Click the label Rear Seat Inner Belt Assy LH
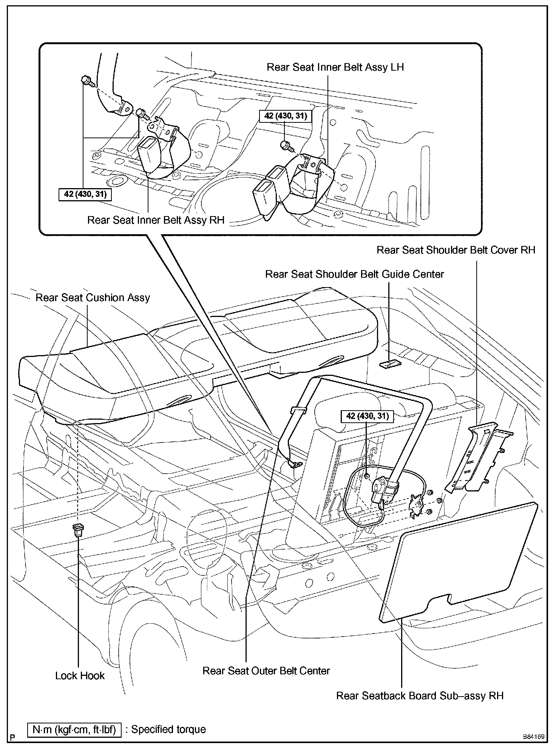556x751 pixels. (335, 67)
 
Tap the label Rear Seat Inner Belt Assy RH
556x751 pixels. (156, 220)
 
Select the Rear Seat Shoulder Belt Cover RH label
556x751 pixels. (456, 250)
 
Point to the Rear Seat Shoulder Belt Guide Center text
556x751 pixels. (354, 274)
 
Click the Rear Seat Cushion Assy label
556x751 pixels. (93, 298)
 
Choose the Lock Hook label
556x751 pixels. (80, 675)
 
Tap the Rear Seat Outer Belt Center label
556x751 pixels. (266, 671)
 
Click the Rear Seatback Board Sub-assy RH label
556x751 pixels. (420, 695)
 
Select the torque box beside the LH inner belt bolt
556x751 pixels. (286, 116)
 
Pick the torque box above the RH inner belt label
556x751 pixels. (85, 195)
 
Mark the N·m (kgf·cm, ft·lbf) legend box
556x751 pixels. (74, 729)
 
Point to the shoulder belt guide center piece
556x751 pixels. (390, 364)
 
